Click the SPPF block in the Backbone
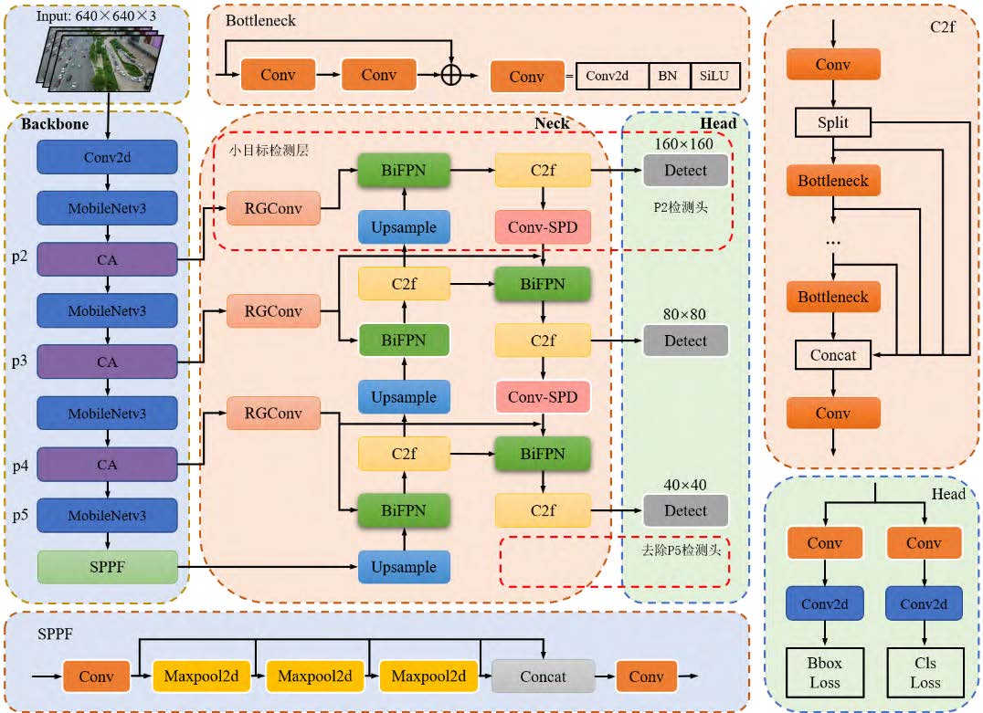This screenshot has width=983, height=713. (x=107, y=567)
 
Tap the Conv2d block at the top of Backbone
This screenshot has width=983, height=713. (x=107, y=157)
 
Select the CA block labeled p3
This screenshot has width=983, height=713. (x=107, y=362)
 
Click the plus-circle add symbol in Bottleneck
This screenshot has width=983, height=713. (x=450, y=75)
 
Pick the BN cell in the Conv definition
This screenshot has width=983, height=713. (x=668, y=76)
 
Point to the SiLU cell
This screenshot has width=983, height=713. (x=714, y=76)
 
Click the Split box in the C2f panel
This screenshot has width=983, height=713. (x=832, y=121)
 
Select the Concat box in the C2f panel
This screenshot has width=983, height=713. (x=832, y=354)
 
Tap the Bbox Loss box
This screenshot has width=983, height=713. (x=824, y=673)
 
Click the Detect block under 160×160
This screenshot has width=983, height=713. (x=685, y=171)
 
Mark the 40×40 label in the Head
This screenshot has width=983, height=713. (x=686, y=485)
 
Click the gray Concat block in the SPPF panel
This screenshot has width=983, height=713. (x=543, y=676)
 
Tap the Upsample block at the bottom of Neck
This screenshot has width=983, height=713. (x=403, y=567)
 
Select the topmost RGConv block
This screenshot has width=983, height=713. (x=274, y=209)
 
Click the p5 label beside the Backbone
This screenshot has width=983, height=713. (x=20, y=516)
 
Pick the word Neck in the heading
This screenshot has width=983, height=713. (x=551, y=123)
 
